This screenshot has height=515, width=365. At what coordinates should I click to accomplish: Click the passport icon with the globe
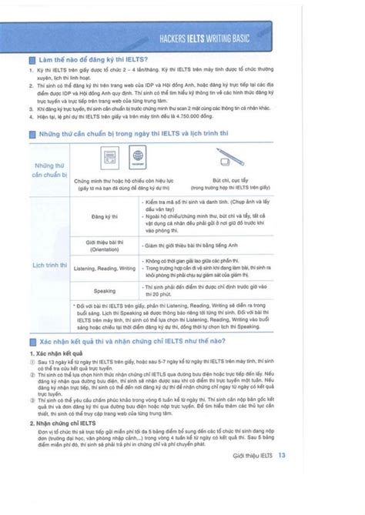[139, 159]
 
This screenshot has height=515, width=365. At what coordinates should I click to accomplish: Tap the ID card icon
[107, 159]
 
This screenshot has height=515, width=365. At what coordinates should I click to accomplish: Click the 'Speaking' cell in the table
[104, 292]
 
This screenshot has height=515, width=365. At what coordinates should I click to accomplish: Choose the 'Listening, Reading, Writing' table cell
[104, 267]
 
